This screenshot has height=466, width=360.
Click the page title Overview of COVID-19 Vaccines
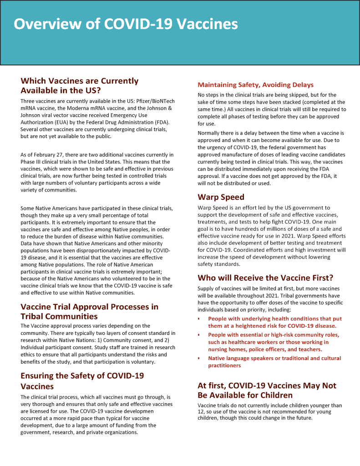(x=126, y=24)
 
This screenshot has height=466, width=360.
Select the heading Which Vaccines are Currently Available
(x=79, y=86)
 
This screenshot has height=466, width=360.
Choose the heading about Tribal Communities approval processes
(x=89, y=311)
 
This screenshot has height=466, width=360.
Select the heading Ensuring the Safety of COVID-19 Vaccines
(x=82, y=381)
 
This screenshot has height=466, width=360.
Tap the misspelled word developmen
(x=137, y=411)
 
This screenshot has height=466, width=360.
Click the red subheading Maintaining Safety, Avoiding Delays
(x=255, y=85)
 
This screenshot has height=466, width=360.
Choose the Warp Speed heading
(x=221, y=197)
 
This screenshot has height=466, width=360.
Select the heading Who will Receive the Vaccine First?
(x=265, y=278)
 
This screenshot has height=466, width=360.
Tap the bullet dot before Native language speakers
(x=199, y=358)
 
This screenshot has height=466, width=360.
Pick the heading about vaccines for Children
(x=267, y=390)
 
